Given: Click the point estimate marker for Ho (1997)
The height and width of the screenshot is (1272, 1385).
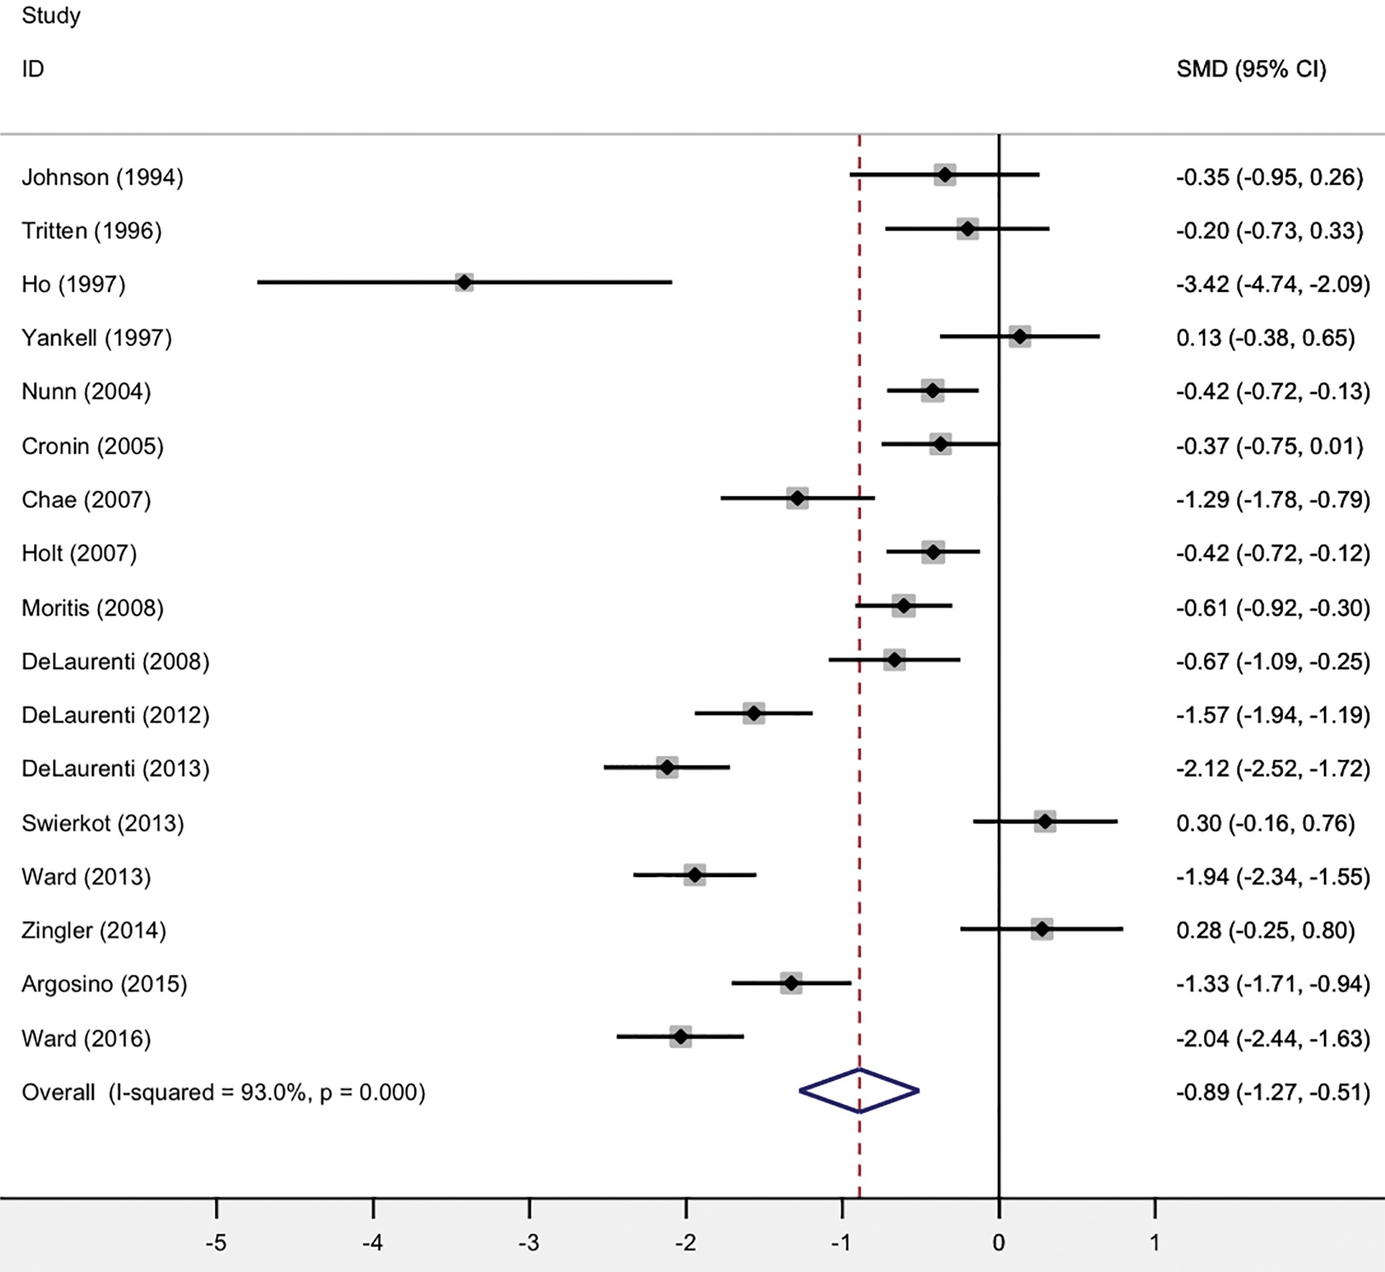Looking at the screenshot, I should [464, 282].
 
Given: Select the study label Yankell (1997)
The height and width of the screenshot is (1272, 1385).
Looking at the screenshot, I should [97, 338].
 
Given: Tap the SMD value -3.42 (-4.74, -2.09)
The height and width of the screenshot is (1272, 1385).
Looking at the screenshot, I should [1272, 284].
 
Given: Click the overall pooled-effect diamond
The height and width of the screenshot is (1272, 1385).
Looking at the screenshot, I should [859, 1090].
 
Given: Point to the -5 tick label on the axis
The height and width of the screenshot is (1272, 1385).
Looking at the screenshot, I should [216, 1243].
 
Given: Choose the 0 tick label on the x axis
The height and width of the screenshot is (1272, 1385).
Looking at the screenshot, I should [999, 1243].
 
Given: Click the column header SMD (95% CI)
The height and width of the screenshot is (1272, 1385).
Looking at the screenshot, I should [1250, 69].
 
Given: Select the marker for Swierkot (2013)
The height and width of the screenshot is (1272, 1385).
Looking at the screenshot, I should [1045, 821].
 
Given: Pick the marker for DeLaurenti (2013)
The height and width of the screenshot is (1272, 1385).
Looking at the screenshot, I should [667, 767].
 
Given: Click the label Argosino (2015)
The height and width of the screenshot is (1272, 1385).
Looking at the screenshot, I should [104, 984].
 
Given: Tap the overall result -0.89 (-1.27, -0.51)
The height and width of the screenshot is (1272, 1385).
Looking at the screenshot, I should [1272, 1092].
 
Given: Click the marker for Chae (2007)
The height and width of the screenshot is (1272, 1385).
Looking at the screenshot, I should [797, 497].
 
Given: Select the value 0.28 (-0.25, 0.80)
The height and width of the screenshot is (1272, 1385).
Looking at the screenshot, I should [1265, 930].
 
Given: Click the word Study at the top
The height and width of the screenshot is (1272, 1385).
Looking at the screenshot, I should [51, 15].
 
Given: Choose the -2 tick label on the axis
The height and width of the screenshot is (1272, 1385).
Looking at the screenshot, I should [686, 1243].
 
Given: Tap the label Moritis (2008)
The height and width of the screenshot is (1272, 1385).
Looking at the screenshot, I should [92, 607].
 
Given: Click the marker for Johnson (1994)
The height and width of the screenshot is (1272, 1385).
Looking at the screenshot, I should [945, 174].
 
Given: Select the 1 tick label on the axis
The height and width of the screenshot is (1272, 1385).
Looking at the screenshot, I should [1154, 1243].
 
